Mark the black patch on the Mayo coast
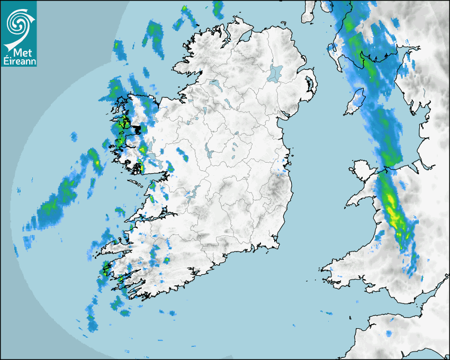pos(139,129)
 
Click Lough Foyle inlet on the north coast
pos(245,37)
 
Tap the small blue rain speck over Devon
pos(389,334)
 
